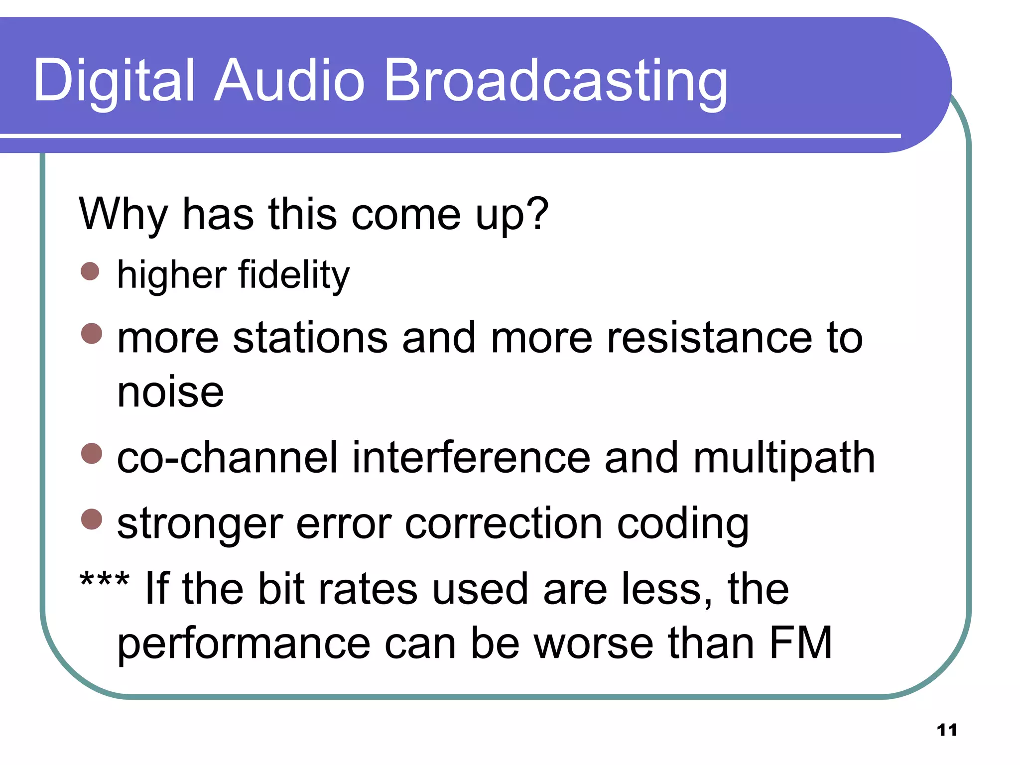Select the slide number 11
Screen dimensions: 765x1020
(947, 730)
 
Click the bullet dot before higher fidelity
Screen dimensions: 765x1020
(90, 271)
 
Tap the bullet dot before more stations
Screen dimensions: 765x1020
(92, 334)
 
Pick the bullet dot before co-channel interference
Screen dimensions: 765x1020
(92, 454)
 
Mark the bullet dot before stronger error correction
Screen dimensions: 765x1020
(92, 519)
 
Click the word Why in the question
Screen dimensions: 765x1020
(123, 215)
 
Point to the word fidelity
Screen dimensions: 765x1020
(294, 275)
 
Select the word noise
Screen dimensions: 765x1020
(170, 392)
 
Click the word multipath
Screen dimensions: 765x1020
(784, 458)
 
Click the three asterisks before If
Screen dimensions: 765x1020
(105, 581)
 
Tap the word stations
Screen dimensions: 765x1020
(310, 339)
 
